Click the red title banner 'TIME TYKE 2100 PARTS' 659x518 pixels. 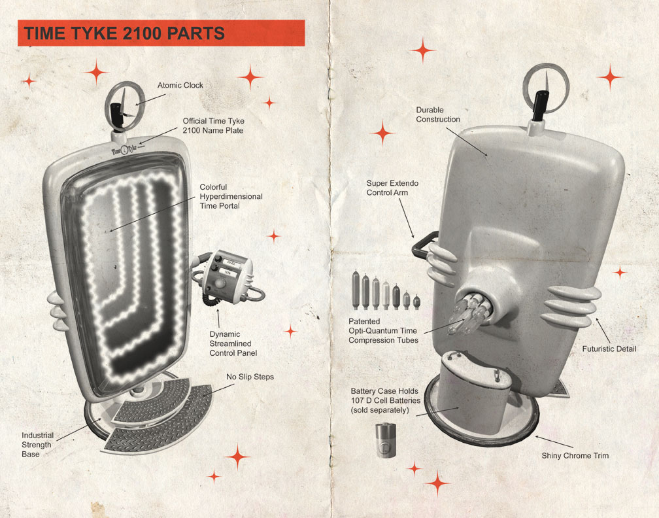pyautogui.click(x=161, y=33)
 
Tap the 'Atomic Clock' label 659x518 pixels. pyautogui.click(x=180, y=85)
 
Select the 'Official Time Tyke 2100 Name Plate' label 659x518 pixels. pyautogui.click(x=213, y=126)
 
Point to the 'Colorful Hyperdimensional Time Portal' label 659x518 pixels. pyautogui.click(x=231, y=196)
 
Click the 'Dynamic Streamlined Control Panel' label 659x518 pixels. pyautogui.click(x=233, y=343)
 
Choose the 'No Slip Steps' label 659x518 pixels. pyautogui.click(x=250, y=377)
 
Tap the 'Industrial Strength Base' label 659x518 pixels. pyautogui.click(x=37, y=445)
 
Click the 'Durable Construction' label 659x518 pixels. pyautogui.click(x=438, y=114)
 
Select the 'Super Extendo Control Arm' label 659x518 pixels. pyautogui.click(x=392, y=188)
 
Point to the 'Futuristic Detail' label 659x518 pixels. pyautogui.click(x=609, y=349)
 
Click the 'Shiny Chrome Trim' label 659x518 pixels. pyautogui.click(x=575, y=455)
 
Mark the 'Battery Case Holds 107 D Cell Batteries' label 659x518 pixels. pyautogui.click(x=386, y=401)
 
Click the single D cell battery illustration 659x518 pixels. pyautogui.click(x=386, y=440)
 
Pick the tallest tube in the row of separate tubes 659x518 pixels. pyautogui.click(x=356, y=290)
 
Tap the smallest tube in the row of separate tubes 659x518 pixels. pyautogui.click(x=416, y=302)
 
